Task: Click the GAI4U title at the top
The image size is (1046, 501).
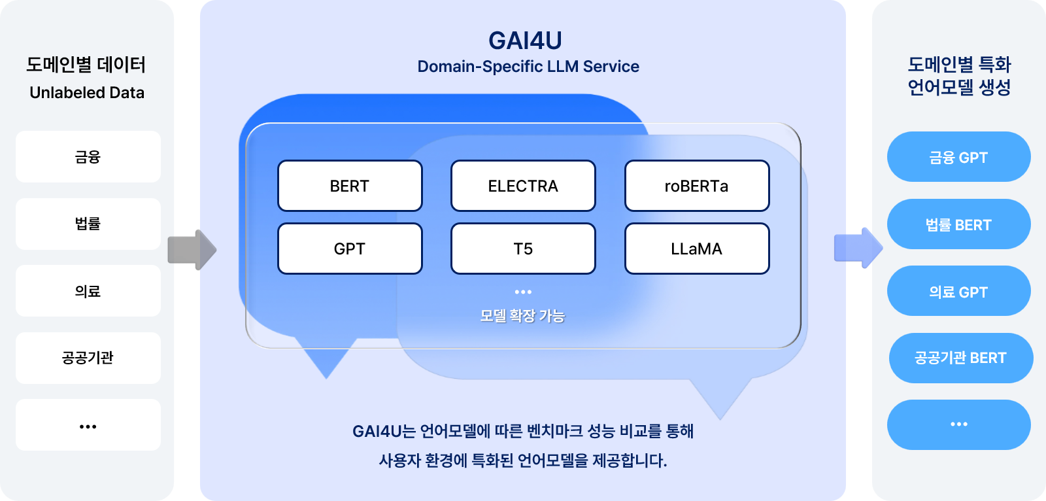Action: pyautogui.click(x=525, y=41)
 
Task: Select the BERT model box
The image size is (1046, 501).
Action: pyautogui.click(x=350, y=186)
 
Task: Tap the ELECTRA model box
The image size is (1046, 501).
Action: pyautogui.click(x=523, y=186)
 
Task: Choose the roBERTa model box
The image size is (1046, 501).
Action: pyautogui.click(x=697, y=186)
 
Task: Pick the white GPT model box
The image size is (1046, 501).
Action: pyautogui.click(x=350, y=249)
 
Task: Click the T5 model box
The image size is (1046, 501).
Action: pyautogui.click(x=523, y=249)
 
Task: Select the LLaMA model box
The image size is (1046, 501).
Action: pyautogui.click(x=697, y=249)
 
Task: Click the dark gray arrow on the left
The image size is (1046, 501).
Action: pyautogui.click(x=192, y=249)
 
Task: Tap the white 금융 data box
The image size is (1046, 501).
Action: pyautogui.click(x=88, y=156)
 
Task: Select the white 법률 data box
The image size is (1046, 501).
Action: pyautogui.click(x=88, y=224)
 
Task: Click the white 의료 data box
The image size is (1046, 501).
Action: pyautogui.click(x=88, y=291)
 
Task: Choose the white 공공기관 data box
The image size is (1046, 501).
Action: pyautogui.click(x=88, y=358)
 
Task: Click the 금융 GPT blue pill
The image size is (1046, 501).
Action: pyautogui.click(x=958, y=157)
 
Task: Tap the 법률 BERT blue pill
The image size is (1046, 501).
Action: pyautogui.click(x=958, y=224)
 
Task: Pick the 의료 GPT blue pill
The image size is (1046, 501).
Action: pyautogui.click(x=958, y=291)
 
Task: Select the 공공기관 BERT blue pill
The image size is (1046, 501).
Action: pyautogui.click(x=960, y=358)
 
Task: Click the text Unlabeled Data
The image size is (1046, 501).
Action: pyautogui.click(x=87, y=93)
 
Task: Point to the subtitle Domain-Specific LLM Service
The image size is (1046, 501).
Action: pyautogui.click(x=528, y=67)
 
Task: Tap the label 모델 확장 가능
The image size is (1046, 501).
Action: pyautogui.click(x=522, y=316)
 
